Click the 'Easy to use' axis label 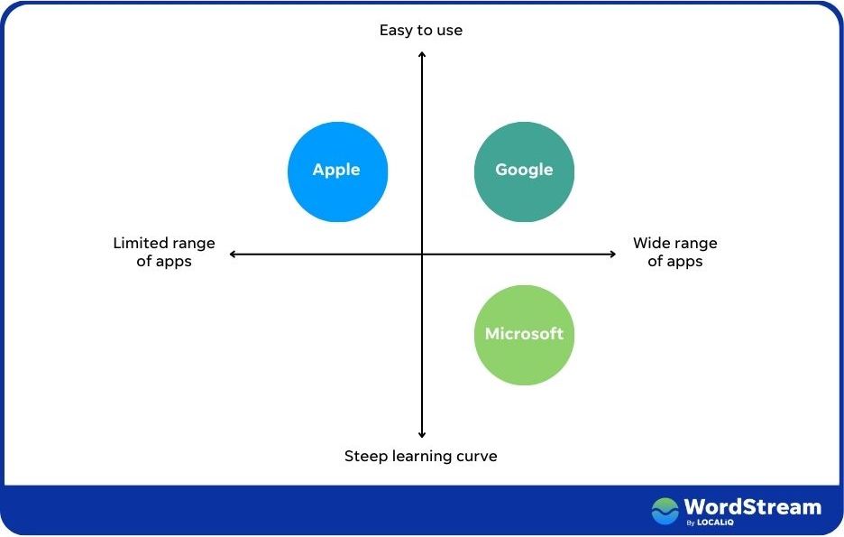click(420, 31)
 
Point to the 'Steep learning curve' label click(420, 456)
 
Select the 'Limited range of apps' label click(164, 252)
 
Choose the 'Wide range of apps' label click(674, 252)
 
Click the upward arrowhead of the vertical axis click(422, 55)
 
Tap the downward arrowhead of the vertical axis click(422, 435)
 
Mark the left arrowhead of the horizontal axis click(234, 255)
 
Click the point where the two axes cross click(422, 255)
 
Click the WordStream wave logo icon click(665, 511)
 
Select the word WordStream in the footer click(752, 506)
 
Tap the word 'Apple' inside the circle click(336, 170)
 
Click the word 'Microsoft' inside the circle click(524, 334)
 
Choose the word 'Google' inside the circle click(524, 170)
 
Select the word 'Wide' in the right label click(651, 243)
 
